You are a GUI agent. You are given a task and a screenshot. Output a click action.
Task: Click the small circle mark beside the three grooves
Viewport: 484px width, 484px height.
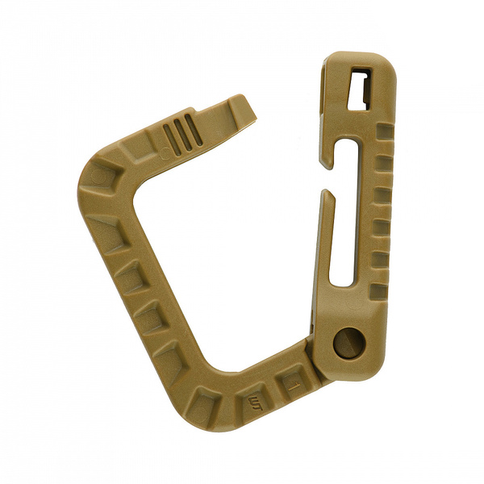click(x=166, y=151)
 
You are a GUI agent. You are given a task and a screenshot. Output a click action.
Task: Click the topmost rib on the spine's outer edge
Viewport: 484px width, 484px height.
click(x=385, y=130)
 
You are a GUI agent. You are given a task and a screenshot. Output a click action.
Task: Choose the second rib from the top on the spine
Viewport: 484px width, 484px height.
click(x=384, y=162)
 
